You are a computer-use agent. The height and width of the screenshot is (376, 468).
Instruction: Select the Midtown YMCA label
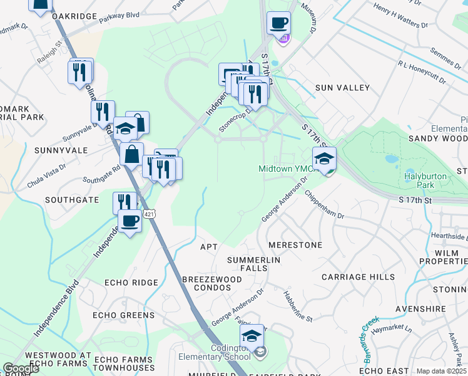285,169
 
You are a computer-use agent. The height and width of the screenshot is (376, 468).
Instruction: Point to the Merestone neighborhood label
295,244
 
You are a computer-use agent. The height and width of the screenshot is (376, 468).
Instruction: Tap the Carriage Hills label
358,276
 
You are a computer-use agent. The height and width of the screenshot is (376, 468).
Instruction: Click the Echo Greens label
123,315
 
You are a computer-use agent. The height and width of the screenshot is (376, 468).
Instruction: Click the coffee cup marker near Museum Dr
278,24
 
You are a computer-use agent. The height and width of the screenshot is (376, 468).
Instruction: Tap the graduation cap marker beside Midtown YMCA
324,159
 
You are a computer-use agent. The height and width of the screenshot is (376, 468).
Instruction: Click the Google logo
21,368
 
